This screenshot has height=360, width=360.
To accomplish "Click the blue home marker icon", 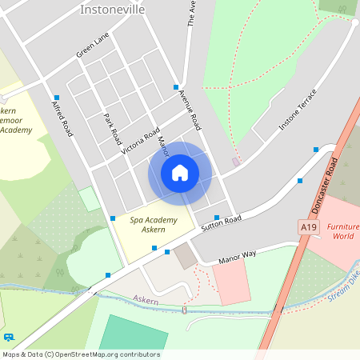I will pyautogui.click(x=180, y=173).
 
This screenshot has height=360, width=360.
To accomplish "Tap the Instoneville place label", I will pyautogui.click(x=112, y=10).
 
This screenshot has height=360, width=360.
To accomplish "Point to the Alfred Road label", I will pyautogui.click(x=62, y=118).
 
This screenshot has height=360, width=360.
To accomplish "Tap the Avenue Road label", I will pyautogui.click(x=190, y=108).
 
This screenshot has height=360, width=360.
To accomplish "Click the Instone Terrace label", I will pyautogui.click(x=298, y=110).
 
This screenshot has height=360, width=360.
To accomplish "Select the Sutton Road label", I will pyautogui.click(x=222, y=222).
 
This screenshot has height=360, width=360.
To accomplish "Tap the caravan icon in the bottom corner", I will pyautogui.click(x=9, y=338).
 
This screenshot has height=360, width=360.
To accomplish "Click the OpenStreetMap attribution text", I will pyautogui.click(x=80, y=354).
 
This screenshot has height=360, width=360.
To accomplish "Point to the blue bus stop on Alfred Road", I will pyautogui.click(x=57, y=98).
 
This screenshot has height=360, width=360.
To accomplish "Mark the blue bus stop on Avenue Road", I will pyautogui.click(x=175, y=86).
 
